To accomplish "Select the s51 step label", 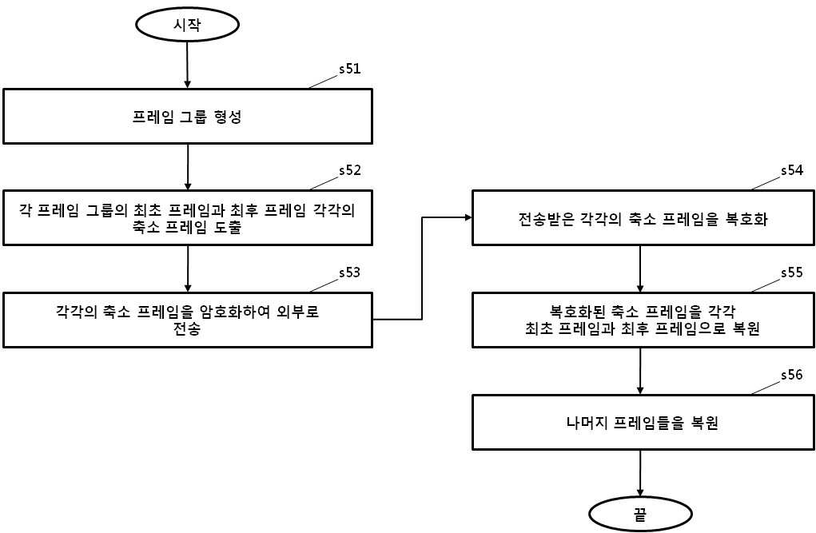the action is tap(350, 69).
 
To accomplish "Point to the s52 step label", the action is tap(350, 171).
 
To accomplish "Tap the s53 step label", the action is tap(350, 272).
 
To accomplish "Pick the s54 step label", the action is tap(791, 171).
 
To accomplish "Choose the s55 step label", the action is tap(791, 272).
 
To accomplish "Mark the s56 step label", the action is tap(791, 375).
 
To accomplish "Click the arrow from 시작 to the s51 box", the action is tap(187, 65).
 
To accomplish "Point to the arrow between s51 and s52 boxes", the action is tap(188, 167).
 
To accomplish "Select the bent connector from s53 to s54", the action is tap(422, 268).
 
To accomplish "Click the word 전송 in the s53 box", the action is tap(187, 329).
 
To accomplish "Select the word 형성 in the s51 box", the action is tap(228, 117).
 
